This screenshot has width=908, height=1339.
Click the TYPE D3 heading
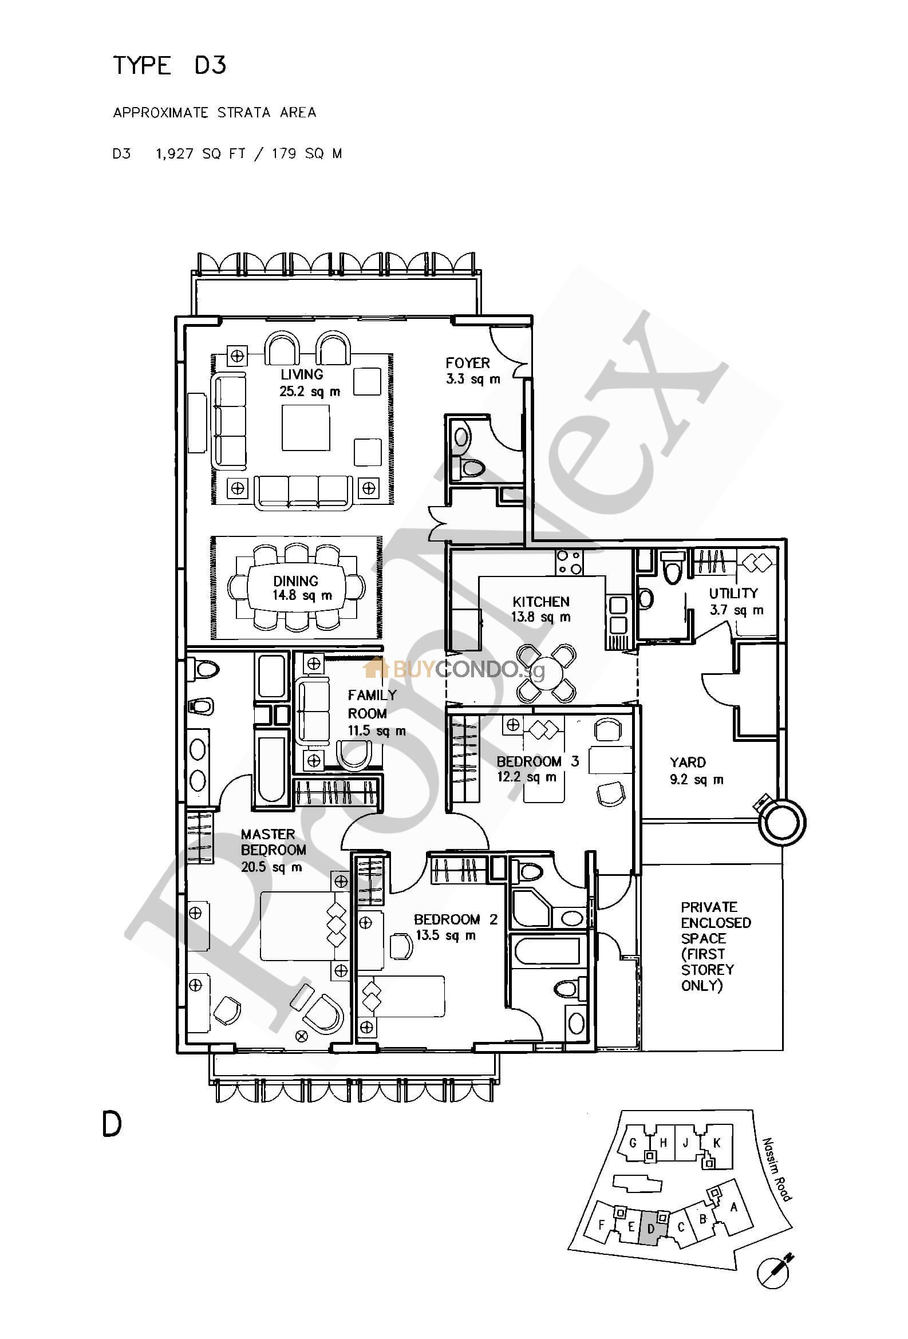click(169, 65)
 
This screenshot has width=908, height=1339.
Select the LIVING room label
click(302, 374)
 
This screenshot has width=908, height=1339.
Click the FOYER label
click(467, 363)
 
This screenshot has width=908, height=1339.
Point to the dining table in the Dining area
click(296, 588)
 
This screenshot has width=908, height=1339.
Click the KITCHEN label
click(540, 602)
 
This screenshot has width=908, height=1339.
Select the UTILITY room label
click(733, 593)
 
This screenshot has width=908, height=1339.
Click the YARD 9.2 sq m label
click(696, 771)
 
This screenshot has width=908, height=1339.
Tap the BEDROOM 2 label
click(455, 919)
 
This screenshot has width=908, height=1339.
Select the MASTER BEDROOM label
click(273, 842)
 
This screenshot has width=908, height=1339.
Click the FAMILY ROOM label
click(372, 704)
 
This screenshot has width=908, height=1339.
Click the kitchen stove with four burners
click(568, 562)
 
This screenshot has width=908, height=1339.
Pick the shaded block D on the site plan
click(650, 1228)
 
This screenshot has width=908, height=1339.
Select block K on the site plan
click(716, 1143)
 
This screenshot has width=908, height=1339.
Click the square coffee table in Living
click(305, 428)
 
